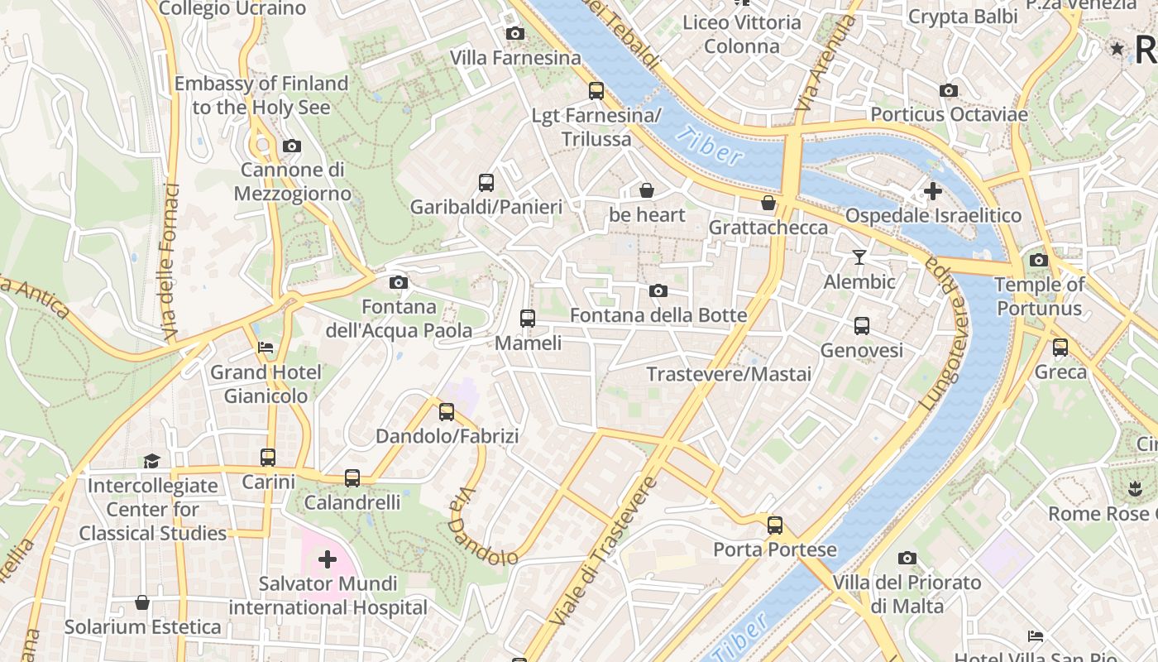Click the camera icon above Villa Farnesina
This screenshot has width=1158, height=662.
pyautogui.click(x=515, y=34)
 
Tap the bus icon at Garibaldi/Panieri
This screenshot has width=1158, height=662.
pyautogui.click(x=486, y=183)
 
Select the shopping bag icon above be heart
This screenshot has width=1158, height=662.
pyautogui.click(x=647, y=191)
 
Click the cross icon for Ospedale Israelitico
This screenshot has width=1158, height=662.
pyautogui.click(x=932, y=192)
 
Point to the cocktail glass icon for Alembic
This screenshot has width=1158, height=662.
pyautogui.click(x=859, y=257)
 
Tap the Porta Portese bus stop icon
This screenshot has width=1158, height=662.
pyautogui.click(x=775, y=525)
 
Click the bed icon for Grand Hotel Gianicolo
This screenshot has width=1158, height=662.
pyautogui.click(x=266, y=348)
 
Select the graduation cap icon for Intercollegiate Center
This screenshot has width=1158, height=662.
pyautogui.click(x=151, y=461)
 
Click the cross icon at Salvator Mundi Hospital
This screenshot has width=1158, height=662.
pyautogui.click(x=328, y=560)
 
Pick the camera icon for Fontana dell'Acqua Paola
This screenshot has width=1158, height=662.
pyautogui.click(x=398, y=283)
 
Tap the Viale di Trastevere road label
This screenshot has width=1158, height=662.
pyautogui.click(x=601, y=550)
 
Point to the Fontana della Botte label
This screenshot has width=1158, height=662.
pyautogui.click(x=658, y=315)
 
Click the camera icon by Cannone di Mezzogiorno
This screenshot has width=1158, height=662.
pyautogui.click(x=291, y=146)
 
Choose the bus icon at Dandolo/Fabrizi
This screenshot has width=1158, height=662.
pyautogui.click(x=447, y=411)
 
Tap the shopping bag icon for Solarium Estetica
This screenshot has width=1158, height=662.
pyautogui.click(x=142, y=602)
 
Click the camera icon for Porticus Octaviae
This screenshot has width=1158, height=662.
pyautogui.click(x=949, y=91)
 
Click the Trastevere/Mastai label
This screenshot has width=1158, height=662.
pyautogui.click(x=729, y=374)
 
